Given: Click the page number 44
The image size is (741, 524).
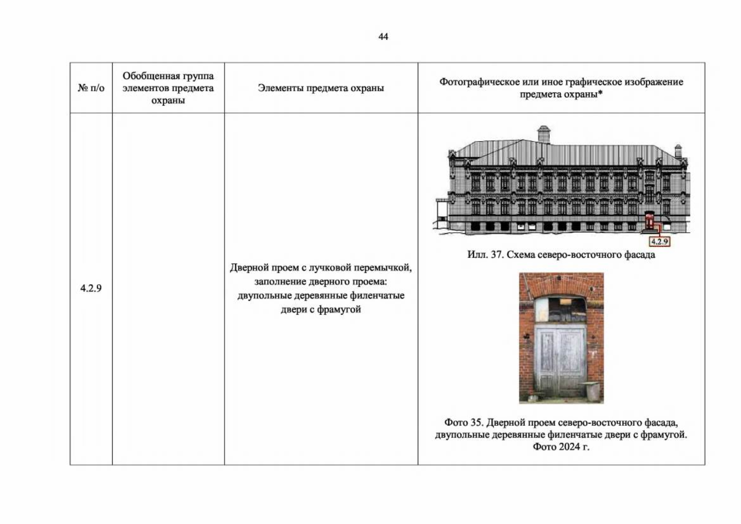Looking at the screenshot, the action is pyautogui.click(x=383, y=36).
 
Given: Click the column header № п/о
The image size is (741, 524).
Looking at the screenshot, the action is pyautogui.click(x=91, y=88).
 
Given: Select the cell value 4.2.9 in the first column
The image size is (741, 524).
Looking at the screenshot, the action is pyautogui.click(x=90, y=288).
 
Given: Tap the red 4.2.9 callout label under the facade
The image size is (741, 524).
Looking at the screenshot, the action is pyautogui.click(x=659, y=241).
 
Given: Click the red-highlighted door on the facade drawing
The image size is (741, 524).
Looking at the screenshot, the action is pyautogui.click(x=649, y=222).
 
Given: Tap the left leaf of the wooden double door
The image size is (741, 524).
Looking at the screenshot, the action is pyautogui.click(x=548, y=362).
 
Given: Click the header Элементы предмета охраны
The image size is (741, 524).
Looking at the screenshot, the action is pyautogui.click(x=321, y=88).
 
